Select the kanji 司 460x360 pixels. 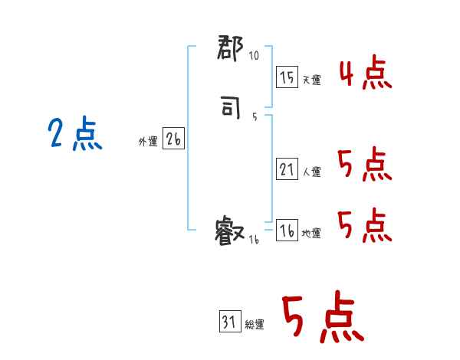231,110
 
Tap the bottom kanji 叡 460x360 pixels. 230,230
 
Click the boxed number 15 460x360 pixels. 286,77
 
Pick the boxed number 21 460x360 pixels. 286,170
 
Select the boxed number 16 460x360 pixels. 286,231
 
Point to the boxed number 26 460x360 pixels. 173,139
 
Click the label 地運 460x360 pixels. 311,233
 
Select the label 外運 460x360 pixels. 148,141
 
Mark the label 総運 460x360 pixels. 255,325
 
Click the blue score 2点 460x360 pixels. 74,136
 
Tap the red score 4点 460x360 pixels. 365,74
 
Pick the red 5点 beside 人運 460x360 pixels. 365,165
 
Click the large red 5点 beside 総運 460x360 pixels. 322,318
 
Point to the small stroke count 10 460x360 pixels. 254,56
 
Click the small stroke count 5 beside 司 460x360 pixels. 255,117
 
